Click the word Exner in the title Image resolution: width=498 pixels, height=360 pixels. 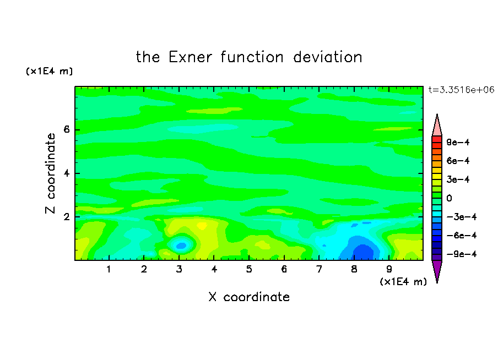pyautogui.click(x=190, y=57)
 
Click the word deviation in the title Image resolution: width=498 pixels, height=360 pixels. pyautogui.click(x=328, y=57)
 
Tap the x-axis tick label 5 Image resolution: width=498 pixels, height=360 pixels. pyautogui.click(x=249, y=269)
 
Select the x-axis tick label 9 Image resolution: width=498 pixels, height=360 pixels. pyautogui.click(x=389, y=269)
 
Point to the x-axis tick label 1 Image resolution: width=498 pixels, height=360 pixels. pyautogui.click(x=109, y=269)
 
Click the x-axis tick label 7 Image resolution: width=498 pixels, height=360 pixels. pyautogui.click(x=319, y=269)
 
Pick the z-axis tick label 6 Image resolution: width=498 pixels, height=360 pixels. pyautogui.click(x=66, y=129)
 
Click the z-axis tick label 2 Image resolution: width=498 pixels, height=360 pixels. pyautogui.click(x=66, y=217)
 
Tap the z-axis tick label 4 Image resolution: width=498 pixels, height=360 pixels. pyautogui.click(x=66, y=173)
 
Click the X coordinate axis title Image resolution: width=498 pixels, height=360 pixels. pyautogui.click(x=250, y=297)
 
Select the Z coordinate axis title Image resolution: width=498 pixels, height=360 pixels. pyautogui.click(x=51, y=173)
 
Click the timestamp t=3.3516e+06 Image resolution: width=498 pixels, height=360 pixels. pyautogui.click(x=462, y=90)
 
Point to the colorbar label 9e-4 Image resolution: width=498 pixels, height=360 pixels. pyautogui.click(x=458, y=142)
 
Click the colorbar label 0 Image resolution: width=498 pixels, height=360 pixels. pyautogui.click(x=449, y=198)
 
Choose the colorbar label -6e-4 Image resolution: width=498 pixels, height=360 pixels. pyautogui.click(x=462, y=236)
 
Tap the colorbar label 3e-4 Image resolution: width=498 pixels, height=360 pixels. pyautogui.click(x=458, y=179)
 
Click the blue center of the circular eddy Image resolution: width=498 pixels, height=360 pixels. pyautogui.click(x=181, y=246)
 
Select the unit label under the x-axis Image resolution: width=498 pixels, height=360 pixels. pyautogui.click(x=403, y=282)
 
